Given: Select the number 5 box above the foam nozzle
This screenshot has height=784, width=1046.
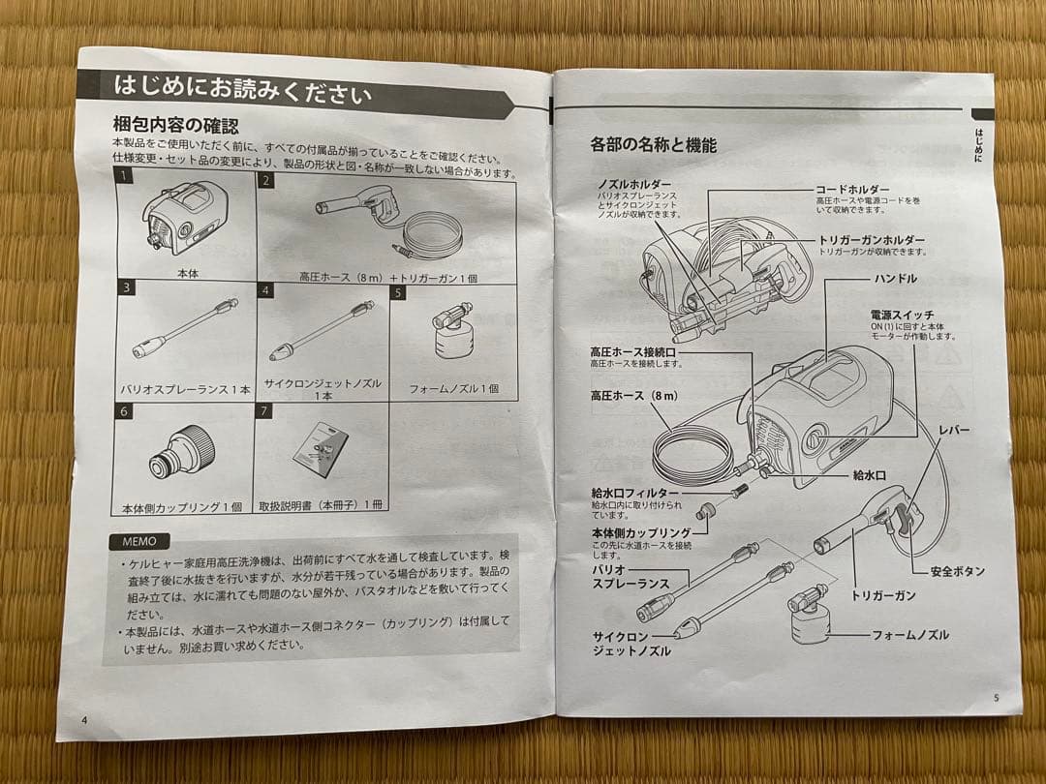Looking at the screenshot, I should click(397, 292).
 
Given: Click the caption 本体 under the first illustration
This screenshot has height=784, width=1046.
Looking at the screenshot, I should click(187, 275).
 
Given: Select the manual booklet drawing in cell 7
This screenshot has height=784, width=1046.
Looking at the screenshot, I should click(322, 450).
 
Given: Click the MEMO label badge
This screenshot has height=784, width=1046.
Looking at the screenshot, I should click(139, 541).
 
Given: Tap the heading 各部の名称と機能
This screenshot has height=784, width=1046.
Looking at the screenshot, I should click(653, 146).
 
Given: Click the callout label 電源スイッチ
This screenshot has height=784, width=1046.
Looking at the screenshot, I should click(903, 316).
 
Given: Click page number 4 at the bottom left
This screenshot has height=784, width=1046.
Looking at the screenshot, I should click(84, 719).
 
